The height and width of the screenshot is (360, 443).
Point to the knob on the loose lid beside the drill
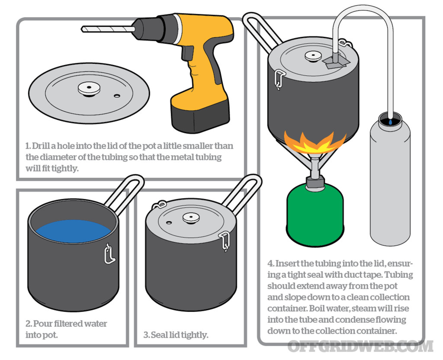pyautogui.click(x=89, y=88)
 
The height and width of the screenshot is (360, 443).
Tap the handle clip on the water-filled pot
pyautogui.click(x=109, y=254)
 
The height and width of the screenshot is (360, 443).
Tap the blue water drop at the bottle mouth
pyautogui.click(x=391, y=122)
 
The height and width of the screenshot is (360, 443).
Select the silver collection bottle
pyautogui.click(x=390, y=182)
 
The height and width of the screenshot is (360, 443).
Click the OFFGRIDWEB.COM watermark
pyautogui.click(x=360, y=346)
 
